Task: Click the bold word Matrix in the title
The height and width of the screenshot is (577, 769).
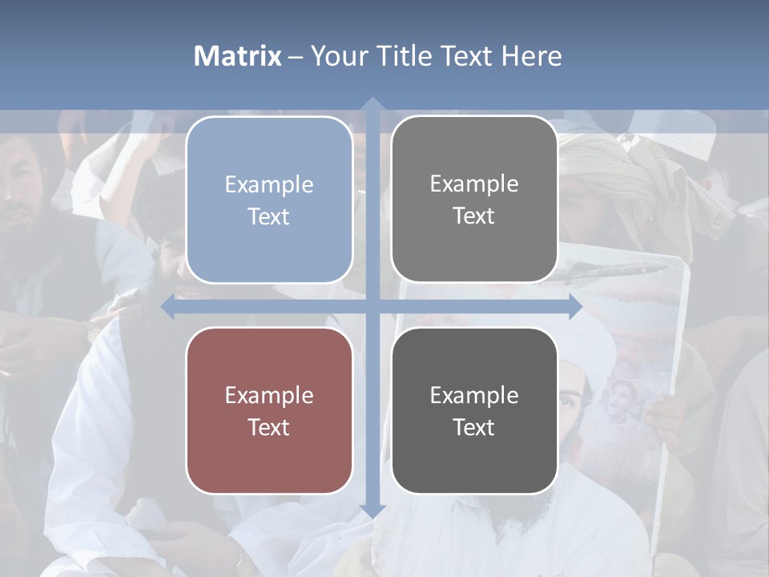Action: click(238, 56)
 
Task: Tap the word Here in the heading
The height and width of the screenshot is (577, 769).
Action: click(532, 56)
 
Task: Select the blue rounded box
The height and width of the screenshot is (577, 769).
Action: click(269, 200)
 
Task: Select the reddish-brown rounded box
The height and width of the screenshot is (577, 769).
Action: click(269, 410)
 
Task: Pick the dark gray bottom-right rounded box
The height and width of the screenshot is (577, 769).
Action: click(474, 410)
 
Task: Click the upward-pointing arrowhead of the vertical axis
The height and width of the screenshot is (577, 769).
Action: click(372, 104)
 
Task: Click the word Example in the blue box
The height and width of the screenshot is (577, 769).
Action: click(269, 184)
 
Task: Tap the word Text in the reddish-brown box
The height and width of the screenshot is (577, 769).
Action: click(269, 427)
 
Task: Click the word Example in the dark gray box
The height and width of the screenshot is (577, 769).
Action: click(474, 395)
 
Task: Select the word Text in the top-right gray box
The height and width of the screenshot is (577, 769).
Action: click(474, 216)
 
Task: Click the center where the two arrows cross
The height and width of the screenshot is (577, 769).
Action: click(372, 307)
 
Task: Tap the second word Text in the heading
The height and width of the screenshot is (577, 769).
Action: click(469, 56)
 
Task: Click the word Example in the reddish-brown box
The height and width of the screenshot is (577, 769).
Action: click(269, 395)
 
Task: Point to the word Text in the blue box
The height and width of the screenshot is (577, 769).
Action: click(269, 216)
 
